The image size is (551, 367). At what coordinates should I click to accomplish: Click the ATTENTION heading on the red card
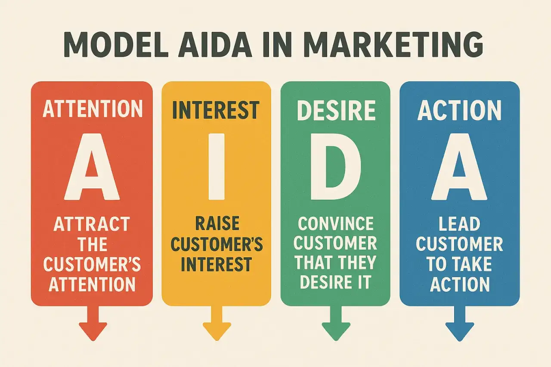93,110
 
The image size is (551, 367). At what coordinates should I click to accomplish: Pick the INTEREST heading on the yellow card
216,111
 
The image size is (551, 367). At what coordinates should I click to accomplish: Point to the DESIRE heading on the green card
335,111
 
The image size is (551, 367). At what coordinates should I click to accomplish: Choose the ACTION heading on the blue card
459,111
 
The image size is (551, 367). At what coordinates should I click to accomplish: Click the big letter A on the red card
92,168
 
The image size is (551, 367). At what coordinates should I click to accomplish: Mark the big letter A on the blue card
459,168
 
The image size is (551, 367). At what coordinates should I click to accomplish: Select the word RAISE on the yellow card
216,225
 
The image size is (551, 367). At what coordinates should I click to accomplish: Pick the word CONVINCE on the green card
335,224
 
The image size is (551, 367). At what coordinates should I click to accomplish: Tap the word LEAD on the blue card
459,225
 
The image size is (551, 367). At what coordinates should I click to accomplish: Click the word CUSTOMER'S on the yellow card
216,244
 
